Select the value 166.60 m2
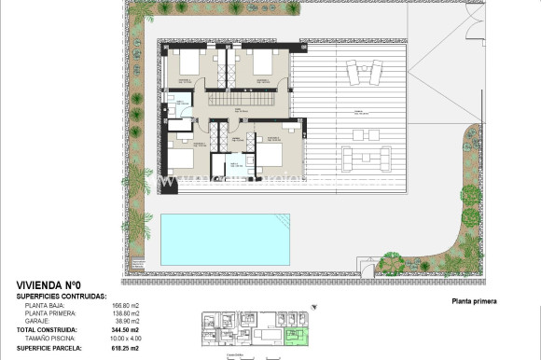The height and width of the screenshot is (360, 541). [x=126, y=305]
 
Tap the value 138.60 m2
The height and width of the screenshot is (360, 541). [x=126, y=313]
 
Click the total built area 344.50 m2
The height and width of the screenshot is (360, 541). [x=126, y=329]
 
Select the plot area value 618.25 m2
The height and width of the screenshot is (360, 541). [x=126, y=348]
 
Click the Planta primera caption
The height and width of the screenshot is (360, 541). [x=474, y=301]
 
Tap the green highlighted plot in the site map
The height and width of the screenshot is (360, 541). [x=299, y=333]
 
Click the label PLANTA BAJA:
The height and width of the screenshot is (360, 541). [x=46, y=305]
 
